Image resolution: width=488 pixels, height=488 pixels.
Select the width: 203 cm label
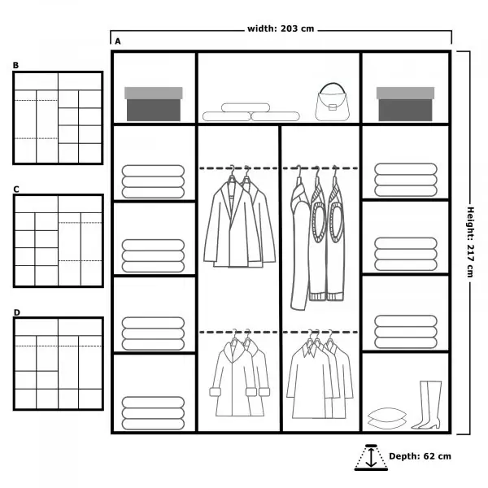click(x=281, y=29)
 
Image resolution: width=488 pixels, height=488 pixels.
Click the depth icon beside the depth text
click(x=371, y=457)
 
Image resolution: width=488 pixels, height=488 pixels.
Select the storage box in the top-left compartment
click(x=154, y=103)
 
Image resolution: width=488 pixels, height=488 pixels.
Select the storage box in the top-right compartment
click(x=405, y=103)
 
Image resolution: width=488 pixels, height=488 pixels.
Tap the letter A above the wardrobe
click(x=118, y=41)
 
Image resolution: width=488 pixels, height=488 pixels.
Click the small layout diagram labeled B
click(x=57, y=118)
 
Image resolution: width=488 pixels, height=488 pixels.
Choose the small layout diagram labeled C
click(x=57, y=241)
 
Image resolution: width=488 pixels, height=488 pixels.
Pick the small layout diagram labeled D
click(x=57, y=364)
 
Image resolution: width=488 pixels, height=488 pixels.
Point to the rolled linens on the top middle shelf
click(x=251, y=112)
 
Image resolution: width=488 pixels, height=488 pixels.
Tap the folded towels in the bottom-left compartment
click(x=153, y=409)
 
